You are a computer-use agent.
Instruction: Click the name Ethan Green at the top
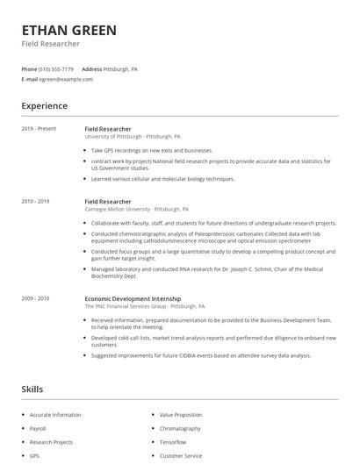(x=69, y=30)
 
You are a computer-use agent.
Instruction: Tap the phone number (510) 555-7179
(x=56, y=68)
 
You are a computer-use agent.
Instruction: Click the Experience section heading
(x=45, y=106)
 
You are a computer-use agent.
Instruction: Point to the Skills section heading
(x=32, y=388)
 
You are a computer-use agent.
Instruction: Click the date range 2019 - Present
(x=39, y=129)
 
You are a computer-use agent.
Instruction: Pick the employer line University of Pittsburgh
(x=132, y=137)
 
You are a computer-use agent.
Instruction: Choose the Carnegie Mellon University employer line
(x=136, y=210)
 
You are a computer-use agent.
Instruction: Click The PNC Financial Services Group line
(x=144, y=306)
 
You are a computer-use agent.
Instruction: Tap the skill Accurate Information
(x=55, y=415)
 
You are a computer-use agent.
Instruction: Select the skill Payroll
(x=38, y=429)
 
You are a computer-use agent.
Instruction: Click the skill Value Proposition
(x=180, y=415)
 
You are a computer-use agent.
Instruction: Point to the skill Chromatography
(x=179, y=429)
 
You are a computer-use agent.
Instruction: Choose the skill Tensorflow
(x=173, y=442)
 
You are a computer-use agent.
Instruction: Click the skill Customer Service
(x=181, y=456)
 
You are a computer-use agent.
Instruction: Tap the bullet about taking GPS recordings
(x=152, y=150)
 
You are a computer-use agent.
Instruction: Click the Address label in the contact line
(x=91, y=68)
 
